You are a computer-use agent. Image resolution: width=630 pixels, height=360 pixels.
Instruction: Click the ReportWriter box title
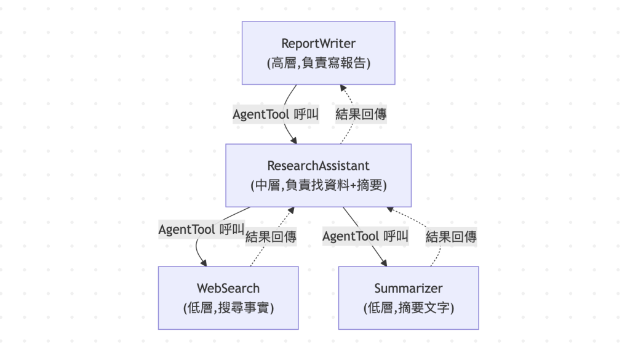click(x=318, y=44)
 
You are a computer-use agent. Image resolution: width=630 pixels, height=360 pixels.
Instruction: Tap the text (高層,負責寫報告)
click(x=319, y=63)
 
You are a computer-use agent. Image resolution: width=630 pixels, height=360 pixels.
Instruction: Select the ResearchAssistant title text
click(x=318, y=166)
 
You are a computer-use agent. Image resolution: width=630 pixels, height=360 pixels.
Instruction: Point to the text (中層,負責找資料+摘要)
click(x=319, y=185)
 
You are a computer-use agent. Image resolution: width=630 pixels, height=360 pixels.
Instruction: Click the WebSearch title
click(x=228, y=288)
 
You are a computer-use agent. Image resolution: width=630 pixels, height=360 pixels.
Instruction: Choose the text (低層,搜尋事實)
click(x=228, y=308)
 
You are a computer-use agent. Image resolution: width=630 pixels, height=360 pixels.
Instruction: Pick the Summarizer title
click(x=409, y=288)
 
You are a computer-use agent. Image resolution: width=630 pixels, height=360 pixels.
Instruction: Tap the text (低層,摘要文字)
click(x=409, y=308)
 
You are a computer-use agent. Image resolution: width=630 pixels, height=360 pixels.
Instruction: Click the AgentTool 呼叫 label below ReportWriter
click(x=276, y=114)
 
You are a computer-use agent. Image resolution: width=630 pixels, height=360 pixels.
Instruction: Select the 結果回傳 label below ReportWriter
click(x=361, y=114)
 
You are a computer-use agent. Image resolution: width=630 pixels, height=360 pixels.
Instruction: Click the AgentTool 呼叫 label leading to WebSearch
click(x=201, y=230)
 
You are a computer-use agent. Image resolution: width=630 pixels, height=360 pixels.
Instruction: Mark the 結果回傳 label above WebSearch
click(x=271, y=237)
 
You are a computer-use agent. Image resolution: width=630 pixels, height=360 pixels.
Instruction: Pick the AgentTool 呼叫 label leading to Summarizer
click(x=365, y=236)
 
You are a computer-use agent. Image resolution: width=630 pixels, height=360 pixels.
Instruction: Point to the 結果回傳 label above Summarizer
click(x=451, y=237)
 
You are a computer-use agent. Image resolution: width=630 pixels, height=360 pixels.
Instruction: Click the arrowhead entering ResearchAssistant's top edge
click(x=293, y=141)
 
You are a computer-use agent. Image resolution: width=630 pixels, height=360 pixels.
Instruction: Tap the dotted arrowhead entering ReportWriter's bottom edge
click(x=343, y=87)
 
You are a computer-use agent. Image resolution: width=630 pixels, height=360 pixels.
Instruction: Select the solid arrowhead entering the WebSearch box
click(x=204, y=263)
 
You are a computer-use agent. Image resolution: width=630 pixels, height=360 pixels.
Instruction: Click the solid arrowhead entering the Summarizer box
click(x=384, y=263)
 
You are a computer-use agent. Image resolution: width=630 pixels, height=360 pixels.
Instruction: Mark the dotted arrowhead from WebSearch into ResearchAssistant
click(x=291, y=210)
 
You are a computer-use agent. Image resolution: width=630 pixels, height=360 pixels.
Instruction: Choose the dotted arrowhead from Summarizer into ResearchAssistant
click(x=389, y=209)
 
